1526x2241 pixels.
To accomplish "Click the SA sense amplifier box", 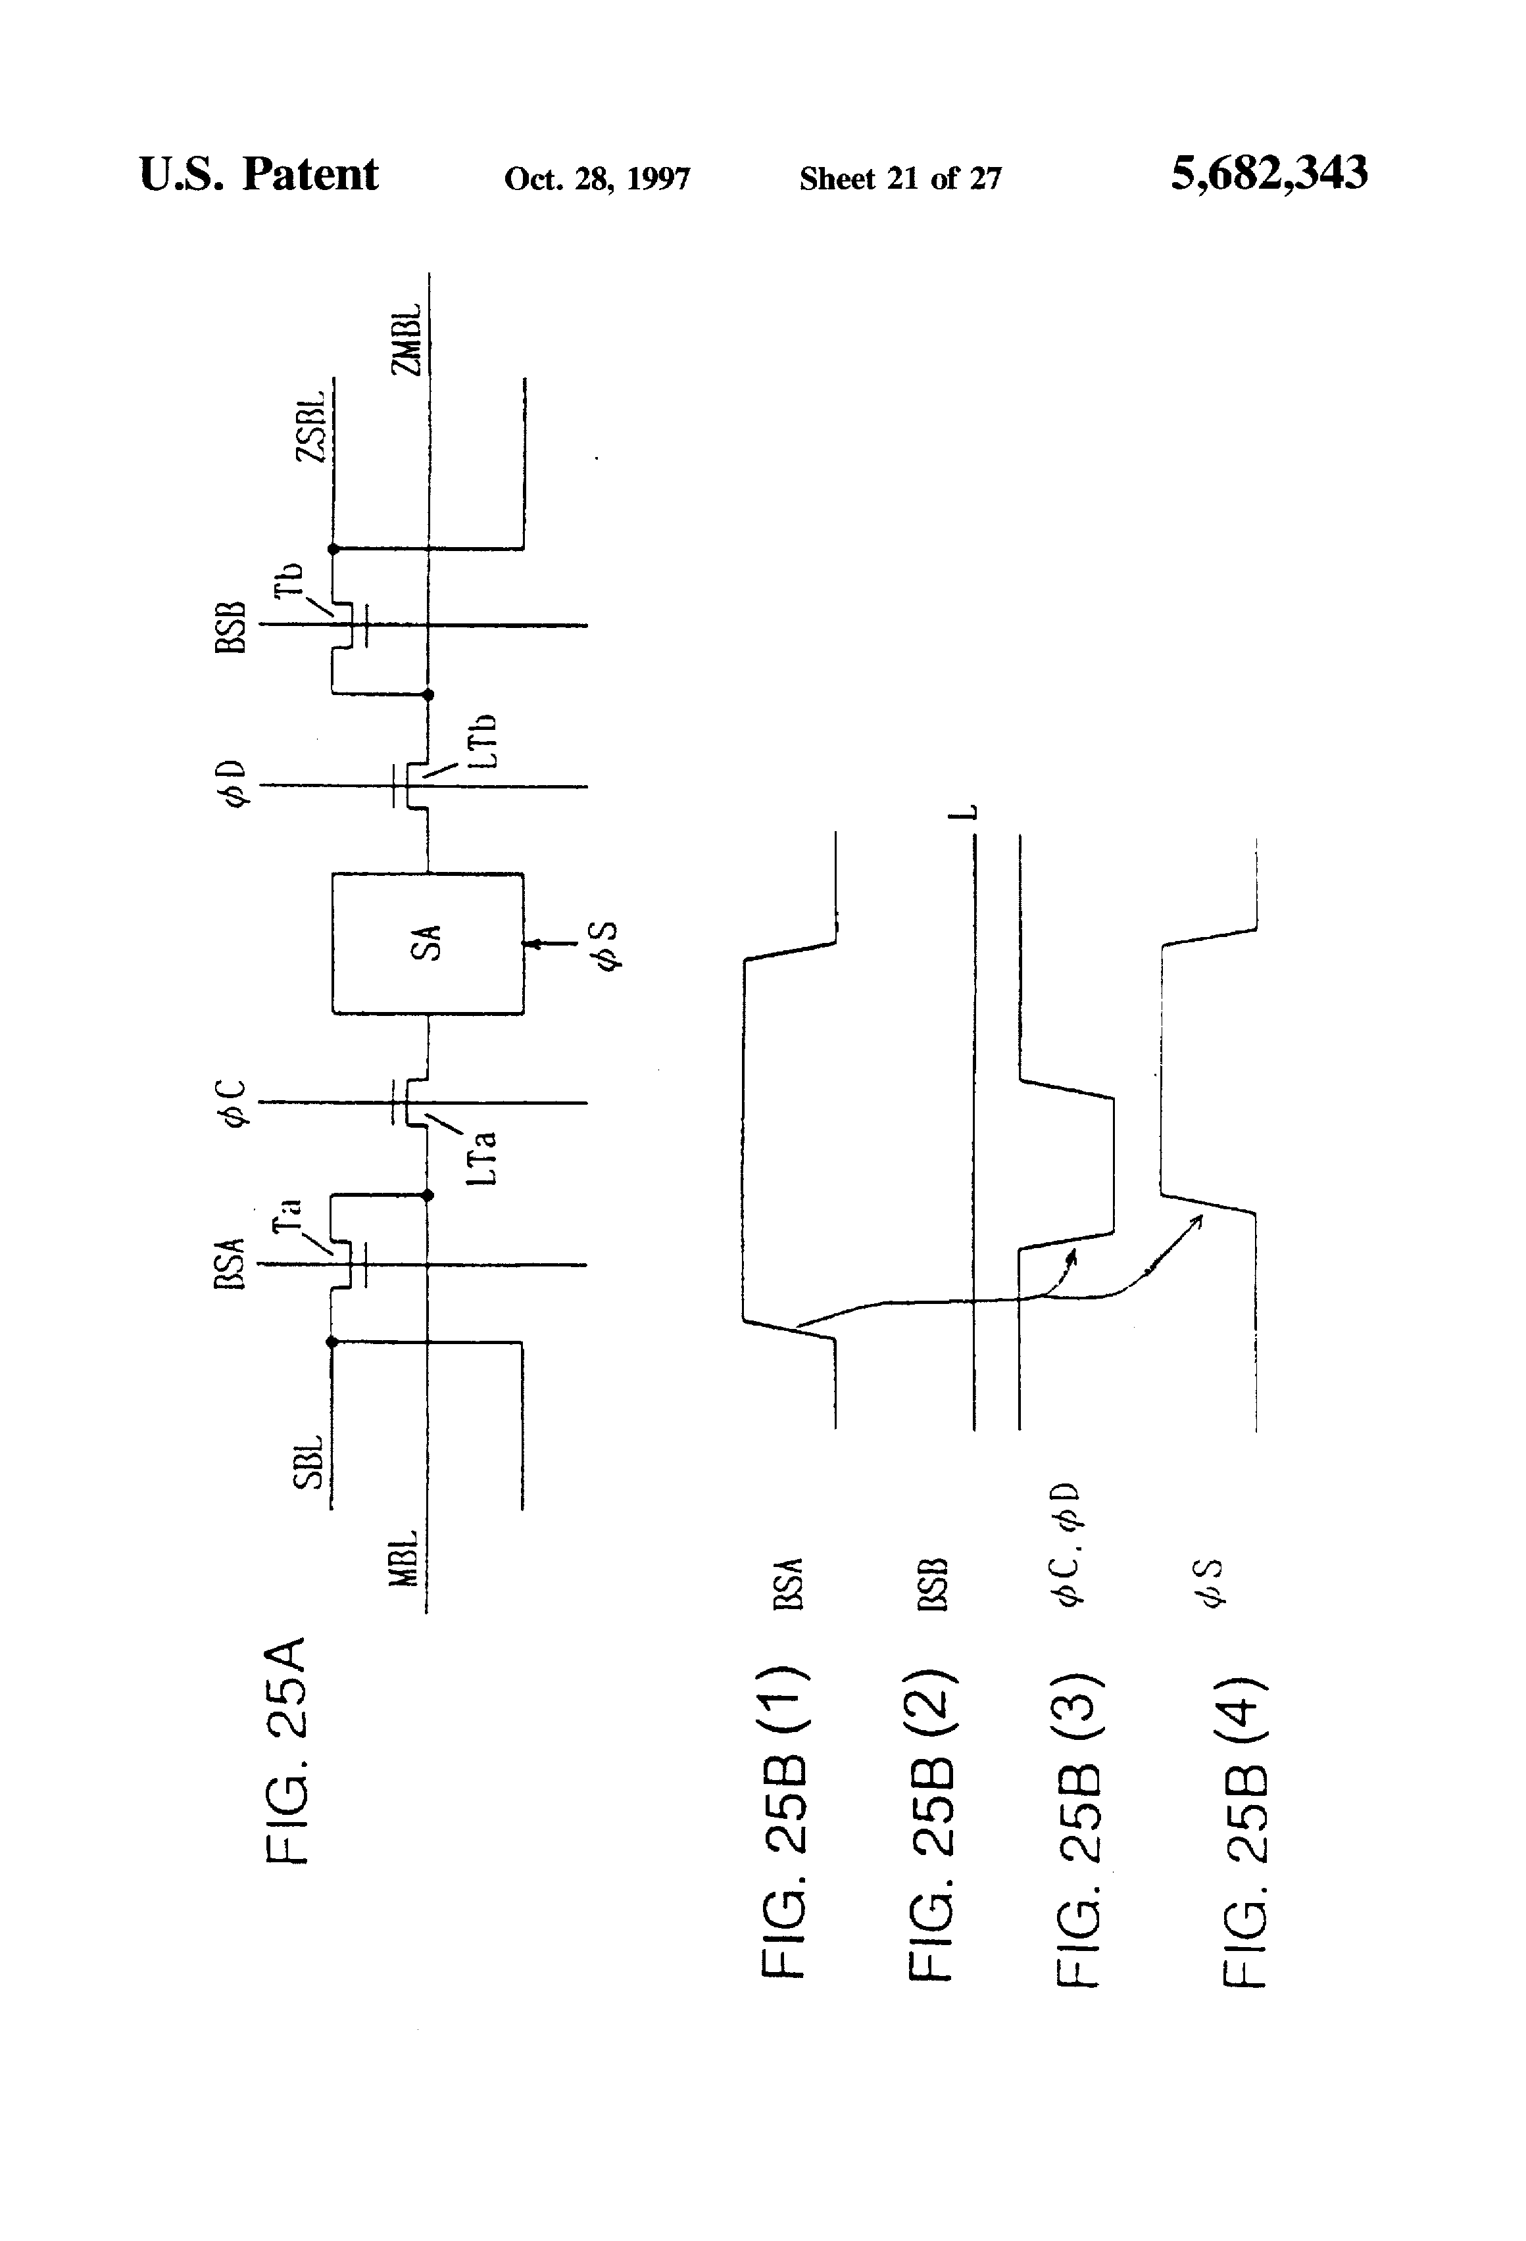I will [428, 943].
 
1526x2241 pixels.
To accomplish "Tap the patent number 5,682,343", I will [1268, 174].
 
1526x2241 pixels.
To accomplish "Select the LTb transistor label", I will [485, 740].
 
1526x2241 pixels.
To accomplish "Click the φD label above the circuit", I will [234, 783].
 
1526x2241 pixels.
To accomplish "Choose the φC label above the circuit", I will [234, 1102].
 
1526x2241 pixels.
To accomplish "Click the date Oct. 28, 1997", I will [597, 178].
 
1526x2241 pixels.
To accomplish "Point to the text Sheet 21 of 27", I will [900, 178].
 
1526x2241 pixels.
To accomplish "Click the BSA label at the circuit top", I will [230, 1264].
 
